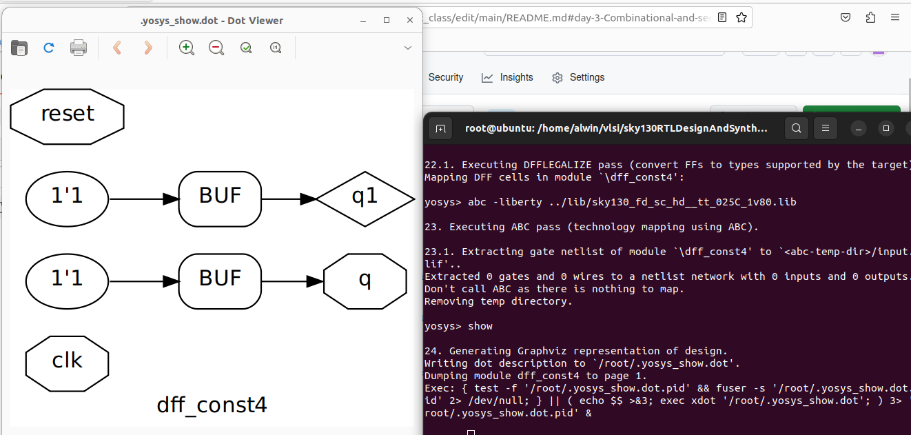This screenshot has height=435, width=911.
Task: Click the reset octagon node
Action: (68, 114)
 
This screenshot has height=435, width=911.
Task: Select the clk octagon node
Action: (67, 361)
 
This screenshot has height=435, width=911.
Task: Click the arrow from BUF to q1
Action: (289, 199)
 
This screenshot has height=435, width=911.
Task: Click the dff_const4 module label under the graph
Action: (212, 405)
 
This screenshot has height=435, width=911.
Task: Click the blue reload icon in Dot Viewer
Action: (49, 48)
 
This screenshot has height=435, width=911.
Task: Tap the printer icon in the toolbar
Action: (79, 48)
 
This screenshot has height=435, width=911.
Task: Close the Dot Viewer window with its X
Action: (409, 21)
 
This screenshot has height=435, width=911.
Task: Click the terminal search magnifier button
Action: (796, 128)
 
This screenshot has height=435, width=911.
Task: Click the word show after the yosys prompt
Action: (480, 326)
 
